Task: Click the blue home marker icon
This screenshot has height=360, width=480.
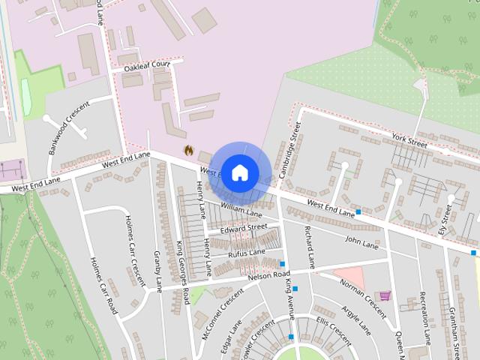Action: [x=239, y=172]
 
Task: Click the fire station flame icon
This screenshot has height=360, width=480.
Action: [x=189, y=150]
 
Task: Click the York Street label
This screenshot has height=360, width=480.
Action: [x=409, y=137]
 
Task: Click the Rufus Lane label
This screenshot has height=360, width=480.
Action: [x=247, y=253]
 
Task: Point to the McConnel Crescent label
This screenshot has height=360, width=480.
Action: [x=212, y=314]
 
